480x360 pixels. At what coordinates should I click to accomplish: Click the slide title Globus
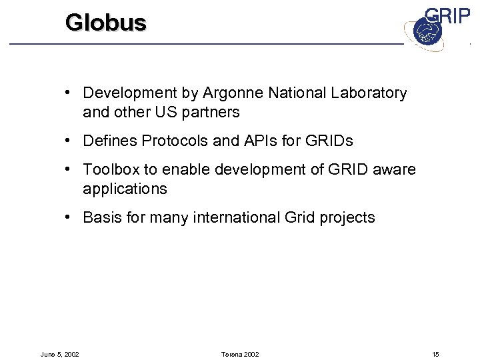click(105, 23)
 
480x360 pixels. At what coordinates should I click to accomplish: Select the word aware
click(395, 170)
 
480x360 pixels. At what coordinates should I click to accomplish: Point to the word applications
click(125, 189)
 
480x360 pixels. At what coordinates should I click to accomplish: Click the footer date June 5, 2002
click(60, 354)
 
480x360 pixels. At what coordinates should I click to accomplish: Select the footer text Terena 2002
click(239, 354)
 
